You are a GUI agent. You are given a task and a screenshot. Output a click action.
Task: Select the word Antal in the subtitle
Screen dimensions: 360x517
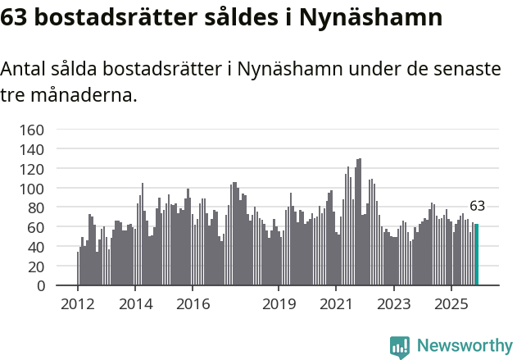[x=23, y=70]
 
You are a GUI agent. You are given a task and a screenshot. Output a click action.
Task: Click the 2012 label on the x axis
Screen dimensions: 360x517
[x=77, y=304]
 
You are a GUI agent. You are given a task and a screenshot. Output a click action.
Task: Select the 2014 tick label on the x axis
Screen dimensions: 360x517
[x=135, y=304]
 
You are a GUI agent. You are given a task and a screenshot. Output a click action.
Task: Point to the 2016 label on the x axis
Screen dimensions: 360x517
[x=193, y=304]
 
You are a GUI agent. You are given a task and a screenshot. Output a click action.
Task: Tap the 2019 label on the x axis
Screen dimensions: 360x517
[x=279, y=304]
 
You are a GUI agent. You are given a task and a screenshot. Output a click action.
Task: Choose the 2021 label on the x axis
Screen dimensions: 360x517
[x=336, y=304]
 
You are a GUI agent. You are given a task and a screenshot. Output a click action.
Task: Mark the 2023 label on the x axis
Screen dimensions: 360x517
[x=393, y=304]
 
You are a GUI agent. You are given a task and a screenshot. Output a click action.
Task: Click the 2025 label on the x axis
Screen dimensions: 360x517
[x=451, y=304]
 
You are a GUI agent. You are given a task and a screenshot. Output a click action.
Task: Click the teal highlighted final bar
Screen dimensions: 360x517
[x=477, y=255]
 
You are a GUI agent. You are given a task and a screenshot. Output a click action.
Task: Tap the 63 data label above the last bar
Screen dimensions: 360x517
[x=477, y=206]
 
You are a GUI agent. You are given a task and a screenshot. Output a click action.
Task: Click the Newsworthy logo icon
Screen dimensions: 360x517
[x=400, y=347]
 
